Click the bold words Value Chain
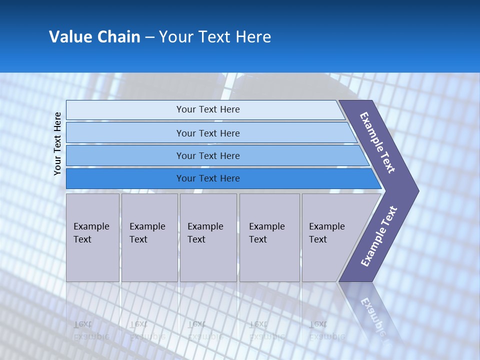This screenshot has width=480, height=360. tap(94, 37)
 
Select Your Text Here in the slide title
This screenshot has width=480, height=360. tap(215, 37)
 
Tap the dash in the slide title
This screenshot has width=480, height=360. tap(149, 37)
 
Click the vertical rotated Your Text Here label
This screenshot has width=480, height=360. tap(57, 143)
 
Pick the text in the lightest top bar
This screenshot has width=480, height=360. tap(208, 109)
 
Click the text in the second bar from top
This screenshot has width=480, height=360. tap(208, 133)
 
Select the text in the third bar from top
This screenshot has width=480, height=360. tap(208, 155)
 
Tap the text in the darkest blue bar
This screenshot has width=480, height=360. tap(208, 178)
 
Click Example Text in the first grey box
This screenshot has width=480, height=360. tap(91, 232)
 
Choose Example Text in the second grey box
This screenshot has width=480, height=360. tap(147, 232)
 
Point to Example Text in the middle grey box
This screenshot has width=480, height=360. tap(205, 232)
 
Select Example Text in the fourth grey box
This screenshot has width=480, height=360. tap(266, 232)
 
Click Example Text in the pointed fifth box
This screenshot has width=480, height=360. tap(326, 232)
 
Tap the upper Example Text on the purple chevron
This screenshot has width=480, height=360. tap(377, 142)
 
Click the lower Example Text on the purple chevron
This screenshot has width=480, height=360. tap(378, 236)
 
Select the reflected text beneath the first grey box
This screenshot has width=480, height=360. tap(91, 330)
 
